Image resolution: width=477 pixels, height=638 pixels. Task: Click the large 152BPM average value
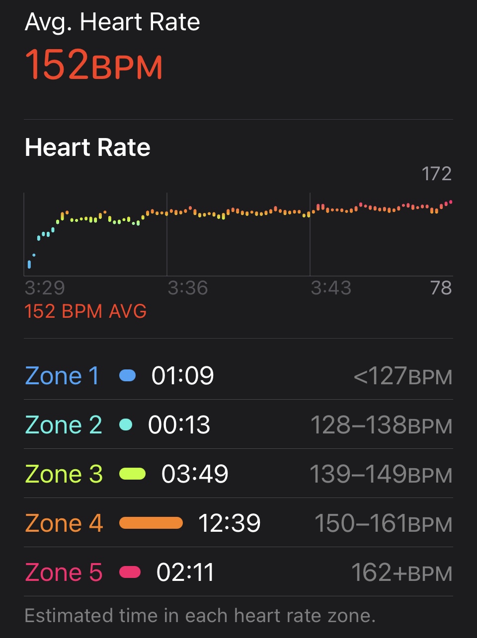(x=94, y=65)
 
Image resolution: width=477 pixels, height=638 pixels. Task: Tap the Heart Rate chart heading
(x=87, y=147)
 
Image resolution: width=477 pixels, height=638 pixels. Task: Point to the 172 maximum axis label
(x=436, y=174)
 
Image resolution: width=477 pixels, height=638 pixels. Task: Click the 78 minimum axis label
(x=441, y=288)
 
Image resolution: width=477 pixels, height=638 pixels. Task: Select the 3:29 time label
(x=45, y=288)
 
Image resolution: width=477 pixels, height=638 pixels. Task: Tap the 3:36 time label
(x=188, y=288)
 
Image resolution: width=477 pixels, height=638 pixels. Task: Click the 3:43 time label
(x=331, y=288)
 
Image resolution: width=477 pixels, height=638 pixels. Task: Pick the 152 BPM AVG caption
(x=85, y=311)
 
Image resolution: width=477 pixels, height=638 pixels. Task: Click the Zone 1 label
(x=62, y=376)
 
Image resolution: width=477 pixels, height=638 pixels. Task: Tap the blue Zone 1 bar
(x=128, y=376)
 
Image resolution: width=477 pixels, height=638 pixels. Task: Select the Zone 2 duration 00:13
(x=179, y=425)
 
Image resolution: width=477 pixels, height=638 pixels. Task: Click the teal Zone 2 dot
(x=126, y=425)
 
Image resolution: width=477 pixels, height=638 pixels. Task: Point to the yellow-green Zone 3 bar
(x=133, y=474)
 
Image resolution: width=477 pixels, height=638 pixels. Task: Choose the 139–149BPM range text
(x=381, y=474)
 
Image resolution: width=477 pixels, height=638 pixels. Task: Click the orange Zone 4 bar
(x=151, y=523)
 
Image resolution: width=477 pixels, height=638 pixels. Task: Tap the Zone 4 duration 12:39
(x=229, y=523)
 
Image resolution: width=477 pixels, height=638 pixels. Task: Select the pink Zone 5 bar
(x=130, y=572)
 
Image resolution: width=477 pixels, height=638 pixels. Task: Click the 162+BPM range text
(x=401, y=572)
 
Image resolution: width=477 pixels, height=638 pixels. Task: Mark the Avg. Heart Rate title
(x=112, y=23)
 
